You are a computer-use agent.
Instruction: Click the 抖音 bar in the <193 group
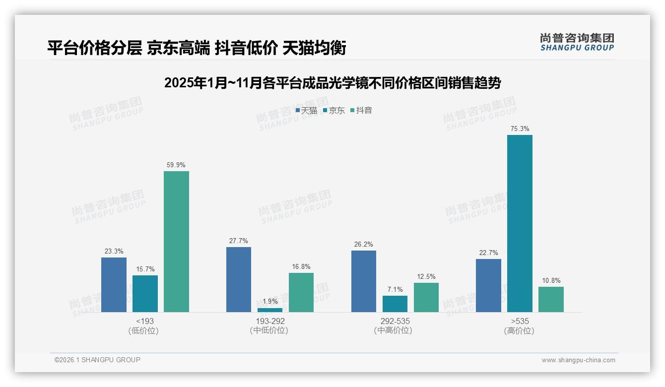pos(176,242)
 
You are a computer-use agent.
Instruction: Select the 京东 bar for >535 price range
pos(520,223)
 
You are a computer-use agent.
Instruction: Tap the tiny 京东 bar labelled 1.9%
pos(269,310)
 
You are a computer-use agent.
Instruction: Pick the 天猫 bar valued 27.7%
pos(239,279)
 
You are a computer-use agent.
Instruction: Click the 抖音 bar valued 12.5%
pos(426,297)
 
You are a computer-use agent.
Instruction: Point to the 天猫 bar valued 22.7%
pos(488,285)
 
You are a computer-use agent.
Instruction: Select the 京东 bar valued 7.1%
pos(395,304)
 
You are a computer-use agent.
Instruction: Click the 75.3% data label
pos(520,129)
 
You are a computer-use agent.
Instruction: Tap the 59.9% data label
pos(176,165)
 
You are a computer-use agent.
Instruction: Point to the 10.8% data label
pos(551,281)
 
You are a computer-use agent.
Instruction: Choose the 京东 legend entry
pos(334,111)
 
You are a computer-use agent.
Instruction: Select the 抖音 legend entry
pos(361,111)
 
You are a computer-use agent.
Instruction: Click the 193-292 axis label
pos(270,322)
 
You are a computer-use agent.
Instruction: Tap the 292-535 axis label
pos(395,322)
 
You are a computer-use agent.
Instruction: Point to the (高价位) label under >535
pos(519,331)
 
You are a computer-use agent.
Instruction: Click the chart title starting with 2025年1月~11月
pos(332,83)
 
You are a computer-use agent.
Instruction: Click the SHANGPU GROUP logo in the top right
pos(577,42)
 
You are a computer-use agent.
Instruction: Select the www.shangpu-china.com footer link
pos(578,360)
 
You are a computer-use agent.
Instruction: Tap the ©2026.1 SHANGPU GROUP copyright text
pos(97,360)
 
